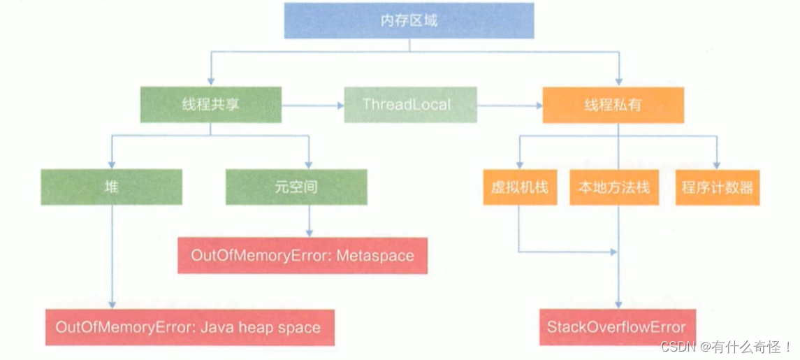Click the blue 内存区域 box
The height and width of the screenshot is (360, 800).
click(x=409, y=21)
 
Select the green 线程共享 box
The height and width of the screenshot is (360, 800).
click(x=210, y=105)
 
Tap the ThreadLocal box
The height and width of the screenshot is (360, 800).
click(x=410, y=105)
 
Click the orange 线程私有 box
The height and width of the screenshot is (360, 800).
click(x=613, y=105)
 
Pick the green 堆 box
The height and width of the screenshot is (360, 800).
click(x=111, y=187)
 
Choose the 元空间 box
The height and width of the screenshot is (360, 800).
click(x=296, y=187)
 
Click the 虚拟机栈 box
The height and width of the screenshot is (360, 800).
click(x=520, y=187)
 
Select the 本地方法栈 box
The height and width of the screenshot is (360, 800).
click(x=614, y=187)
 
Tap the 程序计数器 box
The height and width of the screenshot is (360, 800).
click(x=717, y=187)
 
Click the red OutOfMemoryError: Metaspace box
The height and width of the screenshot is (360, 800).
click(x=303, y=255)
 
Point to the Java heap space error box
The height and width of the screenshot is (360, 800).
click(x=190, y=326)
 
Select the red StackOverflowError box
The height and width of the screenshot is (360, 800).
click(x=616, y=326)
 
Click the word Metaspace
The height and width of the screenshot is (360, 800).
click(x=375, y=255)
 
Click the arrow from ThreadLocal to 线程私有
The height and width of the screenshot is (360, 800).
click(x=509, y=106)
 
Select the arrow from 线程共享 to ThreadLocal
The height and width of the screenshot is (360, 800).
click(x=313, y=106)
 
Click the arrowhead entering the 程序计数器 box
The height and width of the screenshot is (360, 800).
click(x=717, y=165)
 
